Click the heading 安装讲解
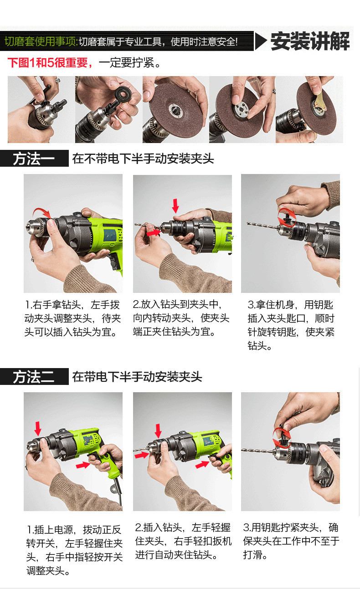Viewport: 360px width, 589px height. point(310,41)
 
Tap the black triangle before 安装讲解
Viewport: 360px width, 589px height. point(261,41)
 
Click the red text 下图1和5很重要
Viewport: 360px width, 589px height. point(50,63)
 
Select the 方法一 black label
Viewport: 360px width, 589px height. point(34,158)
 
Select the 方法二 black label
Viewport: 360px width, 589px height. point(34,377)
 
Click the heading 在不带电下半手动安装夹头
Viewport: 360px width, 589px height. point(143,159)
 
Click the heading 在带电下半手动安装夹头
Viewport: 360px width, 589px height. point(137,377)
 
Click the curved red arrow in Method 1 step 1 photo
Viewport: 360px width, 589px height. point(42,212)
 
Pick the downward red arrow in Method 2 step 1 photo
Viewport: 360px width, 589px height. point(38,429)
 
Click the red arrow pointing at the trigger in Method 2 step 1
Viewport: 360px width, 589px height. point(83,466)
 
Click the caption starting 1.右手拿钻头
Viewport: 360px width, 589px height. point(72,318)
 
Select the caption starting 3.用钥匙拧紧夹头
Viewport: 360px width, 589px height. point(291,541)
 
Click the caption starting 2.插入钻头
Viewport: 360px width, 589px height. point(183,541)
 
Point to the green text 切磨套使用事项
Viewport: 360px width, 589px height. point(41,41)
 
